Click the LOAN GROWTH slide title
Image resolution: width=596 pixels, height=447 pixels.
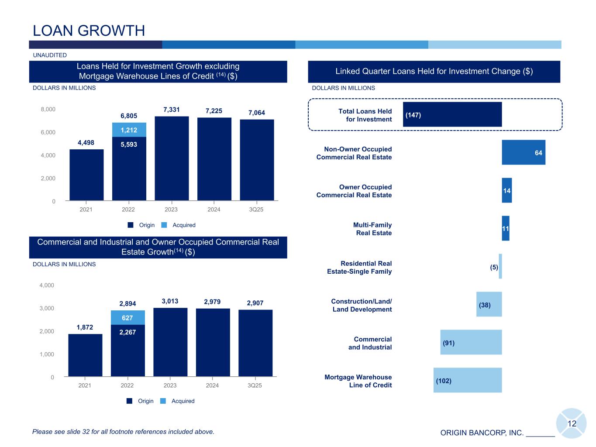click(89, 31)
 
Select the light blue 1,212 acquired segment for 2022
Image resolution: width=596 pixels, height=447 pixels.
click(129, 130)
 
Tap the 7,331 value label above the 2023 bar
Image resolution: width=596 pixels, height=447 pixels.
click(172, 110)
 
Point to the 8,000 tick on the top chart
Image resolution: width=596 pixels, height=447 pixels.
click(48, 109)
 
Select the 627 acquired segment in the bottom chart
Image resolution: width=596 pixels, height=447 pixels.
click(127, 317)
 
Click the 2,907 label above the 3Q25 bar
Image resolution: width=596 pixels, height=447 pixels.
click(255, 303)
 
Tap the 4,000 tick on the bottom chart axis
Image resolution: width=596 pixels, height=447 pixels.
click(47, 285)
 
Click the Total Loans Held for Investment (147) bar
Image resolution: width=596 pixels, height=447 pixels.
click(452, 114)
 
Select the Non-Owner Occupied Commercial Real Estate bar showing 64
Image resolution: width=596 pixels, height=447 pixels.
click(523, 152)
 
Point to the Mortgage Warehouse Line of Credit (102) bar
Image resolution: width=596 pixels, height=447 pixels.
click(467, 380)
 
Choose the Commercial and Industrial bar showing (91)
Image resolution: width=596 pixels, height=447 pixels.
click(471, 342)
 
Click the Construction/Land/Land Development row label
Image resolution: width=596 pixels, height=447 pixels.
click(362, 305)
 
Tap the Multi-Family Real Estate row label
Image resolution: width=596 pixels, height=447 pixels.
click(372, 229)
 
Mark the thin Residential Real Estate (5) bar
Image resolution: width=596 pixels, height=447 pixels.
click(500, 266)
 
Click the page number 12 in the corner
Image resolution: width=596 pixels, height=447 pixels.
click(572, 423)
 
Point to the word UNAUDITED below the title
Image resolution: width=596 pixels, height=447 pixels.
click(50, 55)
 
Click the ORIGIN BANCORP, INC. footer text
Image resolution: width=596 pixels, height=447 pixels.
click(482, 433)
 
